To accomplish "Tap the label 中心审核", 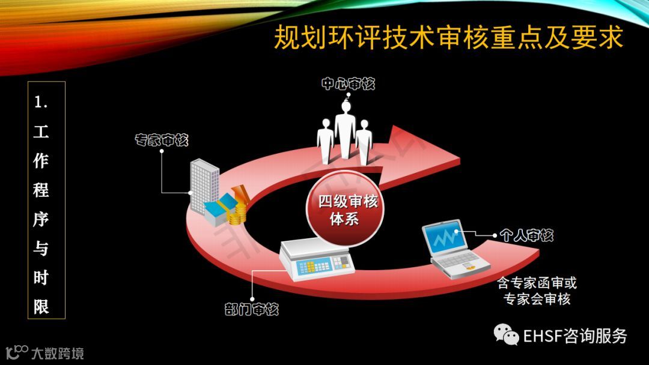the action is pyautogui.click(x=348, y=84).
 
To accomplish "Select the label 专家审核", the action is pyautogui.click(x=161, y=140).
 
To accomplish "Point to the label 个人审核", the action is pyautogui.click(x=526, y=235).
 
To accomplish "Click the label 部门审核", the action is pyautogui.click(x=251, y=310).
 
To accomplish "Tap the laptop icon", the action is pyautogui.click(x=454, y=250).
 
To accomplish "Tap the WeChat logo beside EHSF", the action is pyautogui.click(x=506, y=335).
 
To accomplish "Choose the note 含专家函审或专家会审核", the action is pyautogui.click(x=536, y=291).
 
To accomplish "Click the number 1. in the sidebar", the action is pyautogui.click(x=41, y=103).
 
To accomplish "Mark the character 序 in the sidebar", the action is pyautogui.click(x=41, y=219).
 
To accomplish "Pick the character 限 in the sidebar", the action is pyautogui.click(x=41, y=307).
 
